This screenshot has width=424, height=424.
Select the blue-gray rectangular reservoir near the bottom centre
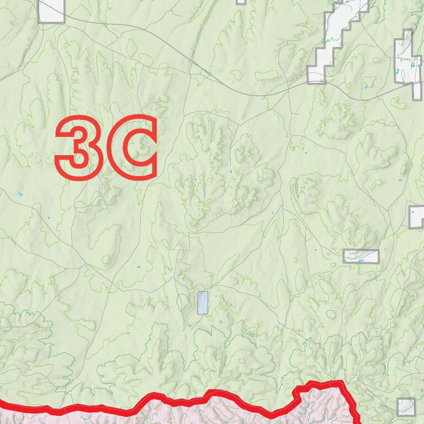coord(203,303)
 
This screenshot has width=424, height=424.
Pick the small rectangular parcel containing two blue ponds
coord(361,256)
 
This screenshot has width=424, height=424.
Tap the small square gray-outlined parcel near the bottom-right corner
coord(406,407)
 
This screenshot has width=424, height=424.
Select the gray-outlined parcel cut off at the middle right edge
coord(417,216)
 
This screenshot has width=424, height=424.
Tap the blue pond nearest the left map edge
coord(20,194)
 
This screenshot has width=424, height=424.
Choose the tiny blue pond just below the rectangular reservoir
coord(190,325)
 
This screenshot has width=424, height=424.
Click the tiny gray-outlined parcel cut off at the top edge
coord(241,2)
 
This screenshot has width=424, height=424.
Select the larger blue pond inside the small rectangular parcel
coord(361,261)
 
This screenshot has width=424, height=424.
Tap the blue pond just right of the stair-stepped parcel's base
coord(365,87)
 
